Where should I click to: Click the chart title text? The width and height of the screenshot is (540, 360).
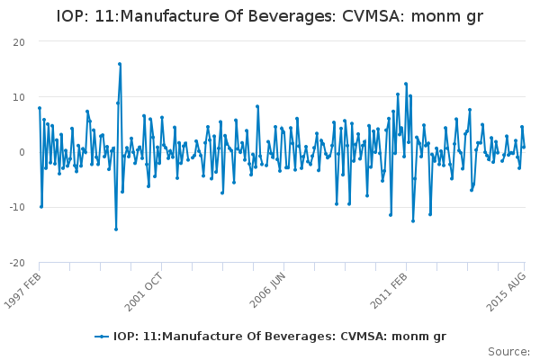270,16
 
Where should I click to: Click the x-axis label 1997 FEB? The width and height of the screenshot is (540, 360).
23,291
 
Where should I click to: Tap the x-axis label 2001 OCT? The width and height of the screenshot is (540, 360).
147,291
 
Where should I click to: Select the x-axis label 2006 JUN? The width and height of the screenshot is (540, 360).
268,291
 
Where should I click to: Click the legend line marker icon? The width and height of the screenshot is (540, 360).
103,337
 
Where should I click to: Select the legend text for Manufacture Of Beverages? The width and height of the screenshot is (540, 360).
280,337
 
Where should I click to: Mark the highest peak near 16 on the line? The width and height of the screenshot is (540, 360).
120,64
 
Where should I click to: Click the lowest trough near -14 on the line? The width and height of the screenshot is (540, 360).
116,229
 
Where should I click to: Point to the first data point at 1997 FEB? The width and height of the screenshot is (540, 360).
40,108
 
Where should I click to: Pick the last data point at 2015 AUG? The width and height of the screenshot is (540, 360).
524,147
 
